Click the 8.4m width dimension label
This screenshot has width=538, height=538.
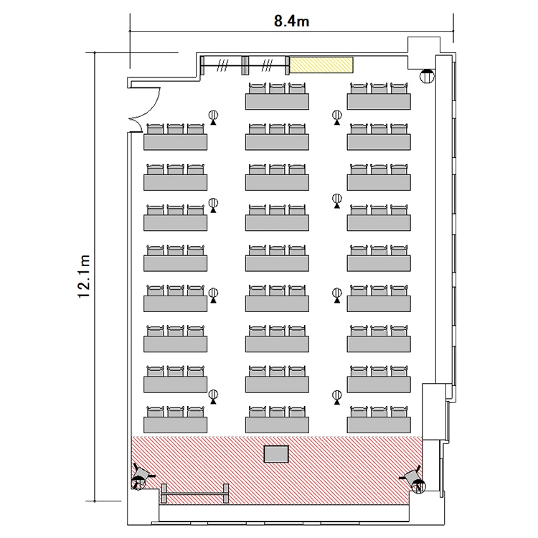291,22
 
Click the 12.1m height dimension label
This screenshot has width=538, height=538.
84,277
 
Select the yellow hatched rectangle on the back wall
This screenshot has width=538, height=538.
321,65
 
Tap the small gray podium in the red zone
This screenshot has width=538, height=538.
276,454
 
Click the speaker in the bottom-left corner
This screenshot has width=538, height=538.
141,476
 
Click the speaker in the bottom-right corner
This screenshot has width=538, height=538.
414,478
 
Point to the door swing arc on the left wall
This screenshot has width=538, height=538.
151,110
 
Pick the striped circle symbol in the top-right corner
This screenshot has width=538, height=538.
427,75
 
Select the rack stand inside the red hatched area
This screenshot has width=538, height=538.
195,494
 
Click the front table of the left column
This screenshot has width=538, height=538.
175,425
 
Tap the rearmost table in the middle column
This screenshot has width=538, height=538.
277,102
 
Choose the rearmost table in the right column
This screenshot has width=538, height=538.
379,102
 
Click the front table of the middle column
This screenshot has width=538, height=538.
277,425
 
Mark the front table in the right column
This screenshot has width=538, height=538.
379,425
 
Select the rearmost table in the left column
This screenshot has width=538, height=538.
175,142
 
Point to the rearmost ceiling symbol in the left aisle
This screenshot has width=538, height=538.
214,118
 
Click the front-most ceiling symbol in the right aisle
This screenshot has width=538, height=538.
337,397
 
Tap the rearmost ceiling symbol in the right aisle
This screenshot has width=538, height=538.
337,118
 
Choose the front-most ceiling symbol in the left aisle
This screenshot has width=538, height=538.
214,397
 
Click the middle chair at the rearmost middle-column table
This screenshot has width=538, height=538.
277,88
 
